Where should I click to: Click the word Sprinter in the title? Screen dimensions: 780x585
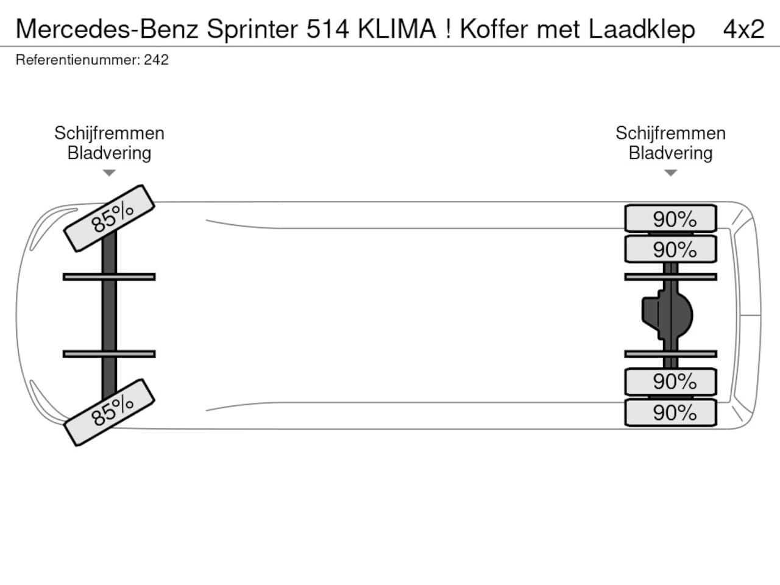coord(252,30)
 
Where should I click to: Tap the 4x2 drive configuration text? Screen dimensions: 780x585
coord(743,29)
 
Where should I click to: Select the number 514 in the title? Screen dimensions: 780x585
coord(328,29)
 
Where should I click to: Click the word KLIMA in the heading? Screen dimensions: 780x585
coord(397,29)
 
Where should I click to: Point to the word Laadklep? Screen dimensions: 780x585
coord(642,30)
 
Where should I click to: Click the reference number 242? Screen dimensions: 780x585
coord(156,60)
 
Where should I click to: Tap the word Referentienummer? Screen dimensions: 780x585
coord(78,60)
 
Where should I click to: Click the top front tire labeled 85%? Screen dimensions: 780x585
coord(109,218)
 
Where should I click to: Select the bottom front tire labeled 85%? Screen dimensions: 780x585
coord(109,413)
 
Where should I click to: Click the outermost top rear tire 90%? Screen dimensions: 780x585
coord(670,218)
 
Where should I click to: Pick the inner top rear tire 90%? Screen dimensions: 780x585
coord(670,249)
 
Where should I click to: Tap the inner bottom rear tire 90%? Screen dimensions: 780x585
coord(670,382)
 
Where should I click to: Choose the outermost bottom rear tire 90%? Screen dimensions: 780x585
coord(670,413)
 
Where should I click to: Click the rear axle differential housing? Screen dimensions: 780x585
coord(667,315)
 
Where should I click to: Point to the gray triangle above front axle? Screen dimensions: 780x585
coord(109,173)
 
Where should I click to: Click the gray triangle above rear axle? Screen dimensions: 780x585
coord(670,173)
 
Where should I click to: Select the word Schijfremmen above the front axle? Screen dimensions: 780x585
coord(109,133)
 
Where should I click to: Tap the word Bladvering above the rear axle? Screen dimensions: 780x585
coord(670,154)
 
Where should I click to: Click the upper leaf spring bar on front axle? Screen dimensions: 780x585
coord(109,277)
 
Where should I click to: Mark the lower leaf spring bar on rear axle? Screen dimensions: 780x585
coord(670,354)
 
